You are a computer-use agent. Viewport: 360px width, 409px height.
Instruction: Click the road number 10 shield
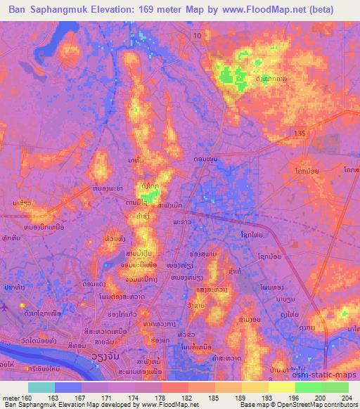[198, 35]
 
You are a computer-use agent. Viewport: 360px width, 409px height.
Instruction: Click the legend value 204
[345, 396]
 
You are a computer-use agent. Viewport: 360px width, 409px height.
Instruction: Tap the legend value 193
[269, 396]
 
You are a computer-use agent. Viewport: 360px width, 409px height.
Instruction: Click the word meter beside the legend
[11, 396]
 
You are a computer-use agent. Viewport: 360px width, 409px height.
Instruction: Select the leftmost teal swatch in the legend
[41, 387]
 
